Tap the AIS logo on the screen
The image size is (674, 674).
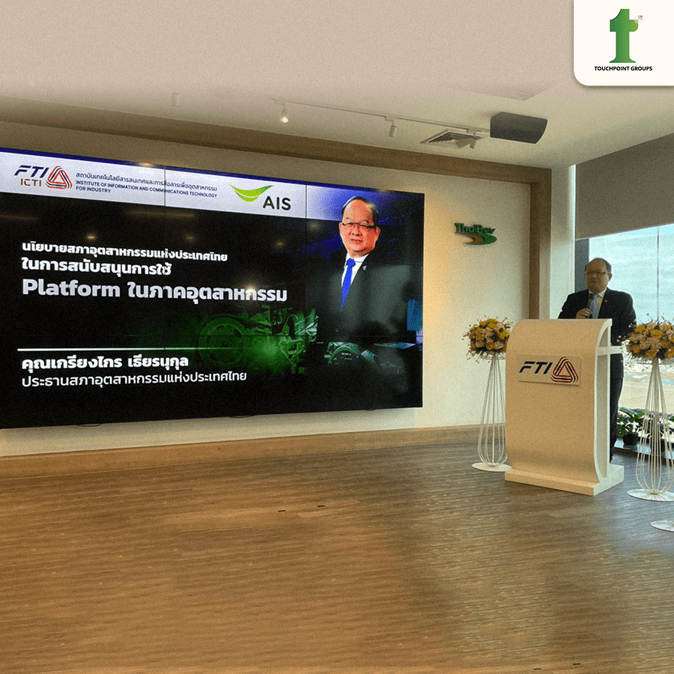261,199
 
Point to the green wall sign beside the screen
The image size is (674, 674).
475,234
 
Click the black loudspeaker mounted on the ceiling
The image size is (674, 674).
517,127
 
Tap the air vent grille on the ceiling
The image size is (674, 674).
452,139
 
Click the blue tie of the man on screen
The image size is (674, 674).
347,282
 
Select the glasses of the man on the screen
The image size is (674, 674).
359,223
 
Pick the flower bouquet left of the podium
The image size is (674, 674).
487,336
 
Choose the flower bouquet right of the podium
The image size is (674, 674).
649,341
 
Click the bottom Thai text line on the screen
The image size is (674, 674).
135,378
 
